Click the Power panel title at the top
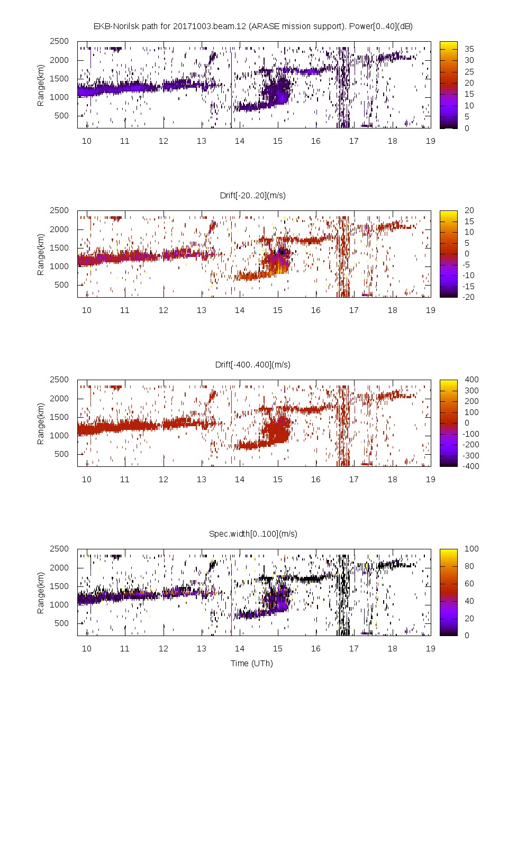pos(253,26)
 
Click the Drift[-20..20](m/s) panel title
pos(253,195)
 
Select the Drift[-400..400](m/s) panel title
pos(253,364)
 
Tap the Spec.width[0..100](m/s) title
pos(253,534)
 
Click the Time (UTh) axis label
pos(252,663)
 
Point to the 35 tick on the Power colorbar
pos(469,49)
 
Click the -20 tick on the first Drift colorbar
pos(469,297)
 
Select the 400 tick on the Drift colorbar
pos(471,380)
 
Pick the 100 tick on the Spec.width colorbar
pos(471,549)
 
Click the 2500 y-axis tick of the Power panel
pos(59,41)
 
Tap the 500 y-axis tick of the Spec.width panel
pos(61,623)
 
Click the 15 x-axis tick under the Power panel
pos(278,141)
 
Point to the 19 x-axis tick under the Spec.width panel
pos(430,648)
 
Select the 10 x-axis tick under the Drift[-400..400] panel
pos(87,479)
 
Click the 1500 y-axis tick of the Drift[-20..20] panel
pos(59,247)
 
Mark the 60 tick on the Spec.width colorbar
pos(469,583)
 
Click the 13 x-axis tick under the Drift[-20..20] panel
pos(202,310)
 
